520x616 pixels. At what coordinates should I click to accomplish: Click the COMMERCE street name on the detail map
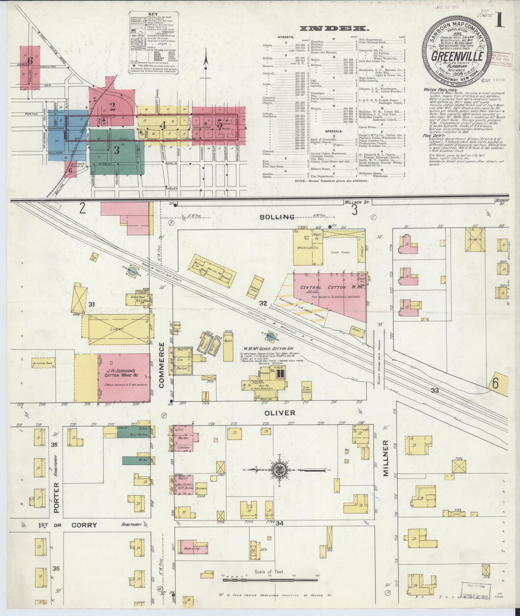(x=161, y=365)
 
